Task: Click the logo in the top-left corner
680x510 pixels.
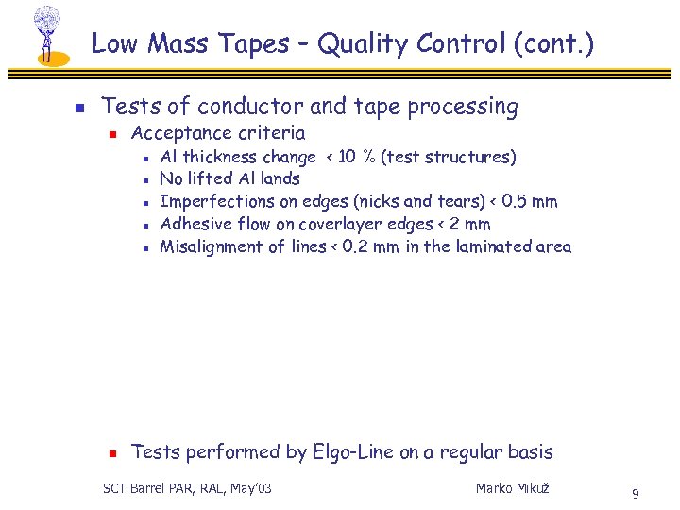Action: click(x=47, y=35)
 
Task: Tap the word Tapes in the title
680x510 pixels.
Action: click(x=252, y=44)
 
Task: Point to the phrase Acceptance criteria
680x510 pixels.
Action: click(x=218, y=133)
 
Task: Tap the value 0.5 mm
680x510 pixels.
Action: click(x=530, y=201)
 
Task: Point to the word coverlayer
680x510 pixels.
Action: click(x=343, y=224)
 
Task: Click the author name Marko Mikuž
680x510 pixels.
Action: click(x=513, y=488)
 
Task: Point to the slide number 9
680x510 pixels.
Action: click(x=636, y=493)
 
